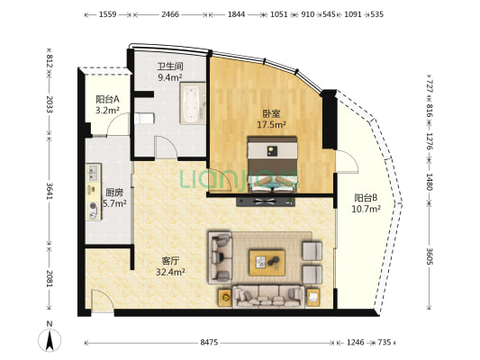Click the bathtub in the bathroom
click(x=193, y=103)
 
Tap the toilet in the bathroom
click(x=144, y=119)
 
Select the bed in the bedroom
click(x=272, y=165)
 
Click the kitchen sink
click(x=94, y=172)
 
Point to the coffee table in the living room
click(x=267, y=263)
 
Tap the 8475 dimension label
click(x=209, y=342)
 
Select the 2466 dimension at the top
click(x=170, y=14)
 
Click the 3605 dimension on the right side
click(x=430, y=256)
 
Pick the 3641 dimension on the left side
click(x=50, y=191)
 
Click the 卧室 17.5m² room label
click(x=271, y=119)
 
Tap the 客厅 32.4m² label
click(x=170, y=266)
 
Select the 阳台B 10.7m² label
click(x=366, y=203)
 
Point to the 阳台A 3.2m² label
click(x=107, y=104)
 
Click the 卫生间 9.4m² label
click(x=170, y=72)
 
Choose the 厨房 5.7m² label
click(x=114, y=198)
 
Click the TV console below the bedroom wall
click(x=266, y=202)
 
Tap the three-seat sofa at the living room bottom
click(x=268, y=296)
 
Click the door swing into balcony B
click(x=347, y=162)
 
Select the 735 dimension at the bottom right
click(x=385, y=342)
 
